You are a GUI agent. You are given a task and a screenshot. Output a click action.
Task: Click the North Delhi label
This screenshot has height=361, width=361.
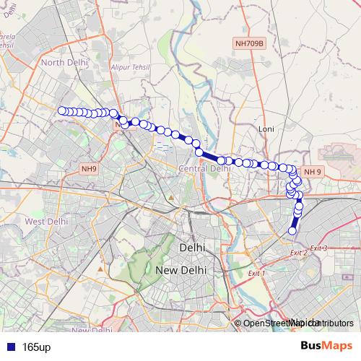[x=64, y=63]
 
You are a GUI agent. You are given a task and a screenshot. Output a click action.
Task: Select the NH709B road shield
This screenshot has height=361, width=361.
[x=250, y=44]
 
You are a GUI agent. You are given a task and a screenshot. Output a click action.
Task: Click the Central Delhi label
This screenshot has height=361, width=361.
[x=204, y=168]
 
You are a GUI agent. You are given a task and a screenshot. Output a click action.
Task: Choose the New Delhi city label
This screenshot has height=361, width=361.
[x=180, y=269]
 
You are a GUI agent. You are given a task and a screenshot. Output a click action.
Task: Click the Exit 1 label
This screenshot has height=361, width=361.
[x=256, y=274]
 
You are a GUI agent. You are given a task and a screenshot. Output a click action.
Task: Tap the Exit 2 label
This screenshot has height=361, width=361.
[x=299, y=253]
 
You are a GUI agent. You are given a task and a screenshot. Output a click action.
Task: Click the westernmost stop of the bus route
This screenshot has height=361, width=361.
[x=61, y=110]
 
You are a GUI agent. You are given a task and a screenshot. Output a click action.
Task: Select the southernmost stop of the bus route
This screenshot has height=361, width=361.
[x=292, y=230]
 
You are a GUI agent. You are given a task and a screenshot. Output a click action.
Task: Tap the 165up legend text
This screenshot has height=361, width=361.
[x=35, y=347]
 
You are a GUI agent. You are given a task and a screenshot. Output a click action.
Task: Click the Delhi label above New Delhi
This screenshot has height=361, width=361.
[x=191, y=247]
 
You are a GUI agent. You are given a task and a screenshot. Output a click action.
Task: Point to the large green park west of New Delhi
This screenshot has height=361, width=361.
[x=144, y=260]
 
